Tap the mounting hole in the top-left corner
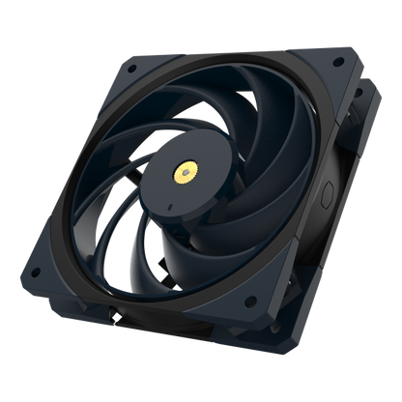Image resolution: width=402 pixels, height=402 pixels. point(128,66)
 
